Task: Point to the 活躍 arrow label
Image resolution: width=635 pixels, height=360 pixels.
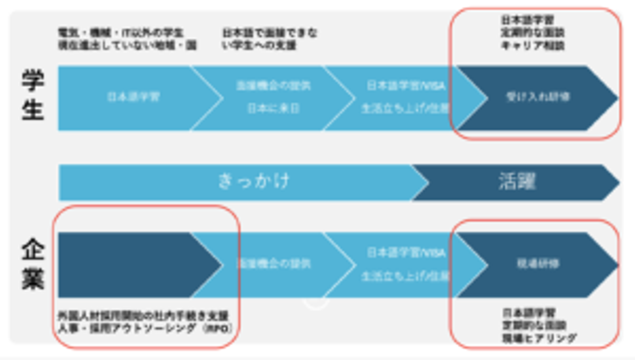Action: [x=517, y=181]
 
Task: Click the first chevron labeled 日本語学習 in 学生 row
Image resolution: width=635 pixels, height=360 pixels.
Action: [x=134, y=97]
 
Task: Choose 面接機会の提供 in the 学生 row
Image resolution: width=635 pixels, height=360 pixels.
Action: [x=273, y=86]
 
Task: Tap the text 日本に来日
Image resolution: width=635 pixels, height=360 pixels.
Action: [x=273, y=109]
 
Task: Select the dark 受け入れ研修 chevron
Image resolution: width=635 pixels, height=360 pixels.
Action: [x=538, y=97]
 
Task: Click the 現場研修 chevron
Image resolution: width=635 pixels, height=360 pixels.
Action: [x=538, y=264]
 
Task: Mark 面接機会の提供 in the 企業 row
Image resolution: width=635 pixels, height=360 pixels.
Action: [x=273, y=264]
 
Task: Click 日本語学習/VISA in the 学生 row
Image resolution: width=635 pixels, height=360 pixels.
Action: [x=406, y=86]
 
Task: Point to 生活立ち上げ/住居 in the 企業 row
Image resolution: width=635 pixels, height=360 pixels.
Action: [x=406, y=276]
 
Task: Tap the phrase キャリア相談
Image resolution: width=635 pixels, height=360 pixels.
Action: [x=533, y=45]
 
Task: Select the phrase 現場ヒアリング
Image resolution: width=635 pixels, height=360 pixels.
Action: [x=539, y=338]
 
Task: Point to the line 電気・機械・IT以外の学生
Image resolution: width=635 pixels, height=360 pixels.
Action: [x=121, y=33]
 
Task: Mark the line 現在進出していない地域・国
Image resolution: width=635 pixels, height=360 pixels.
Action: [x=127, y=45]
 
